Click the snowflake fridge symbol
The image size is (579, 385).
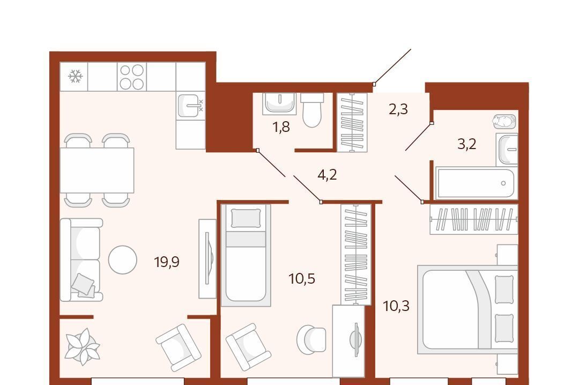coord(76,76)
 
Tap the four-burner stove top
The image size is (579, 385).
coord(132,77)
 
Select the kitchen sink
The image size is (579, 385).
coord(190,106)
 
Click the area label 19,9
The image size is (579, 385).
coord(167,262)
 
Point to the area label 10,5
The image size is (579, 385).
coord(302,278)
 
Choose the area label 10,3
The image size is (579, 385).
coord(396,306)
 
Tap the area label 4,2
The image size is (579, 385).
coord(327,174)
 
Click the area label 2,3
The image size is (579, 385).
coord(398,109)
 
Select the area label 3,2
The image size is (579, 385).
coord(467,144)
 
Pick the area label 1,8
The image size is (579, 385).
coord(281,127)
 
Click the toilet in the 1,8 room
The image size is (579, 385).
coord(312,109)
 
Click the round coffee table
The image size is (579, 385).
coord(123,260)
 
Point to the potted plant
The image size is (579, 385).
coord(82,347)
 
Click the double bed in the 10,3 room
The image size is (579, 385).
coord(467,309)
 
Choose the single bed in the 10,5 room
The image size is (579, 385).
coord(246,255)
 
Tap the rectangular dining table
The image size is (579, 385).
coord(96,170)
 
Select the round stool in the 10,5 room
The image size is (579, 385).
coord(311,340)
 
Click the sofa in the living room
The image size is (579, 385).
coord(81,260)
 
